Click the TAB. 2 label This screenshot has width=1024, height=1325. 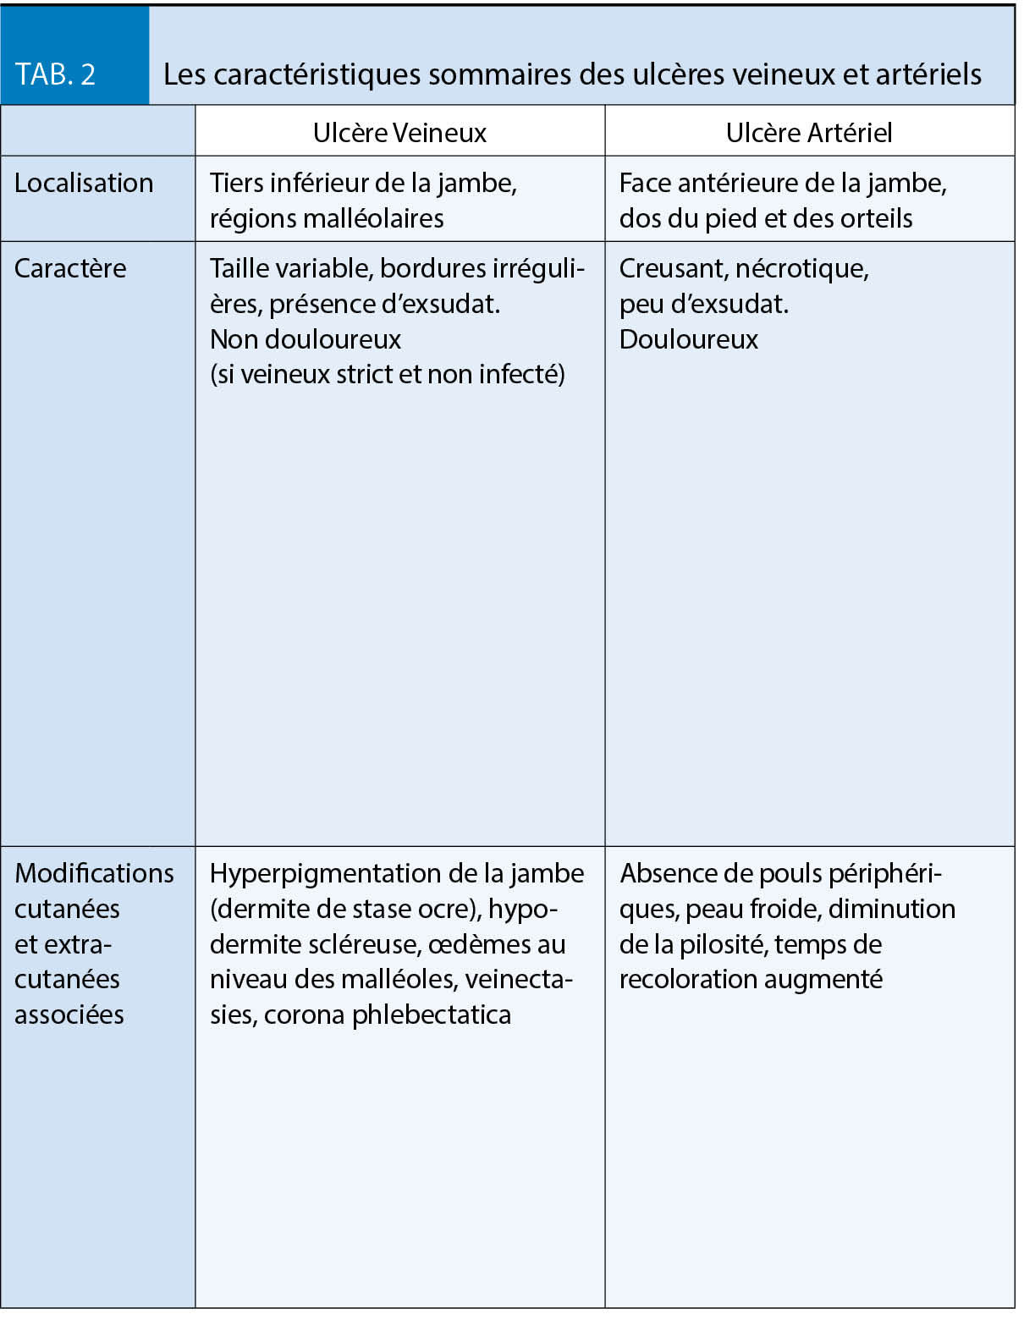(x=55, y=74)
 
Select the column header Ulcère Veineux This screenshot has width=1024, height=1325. (x=399, y=133)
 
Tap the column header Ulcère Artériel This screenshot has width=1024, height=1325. (x=809, y=133)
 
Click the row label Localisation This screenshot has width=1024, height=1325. (x=84, y=183)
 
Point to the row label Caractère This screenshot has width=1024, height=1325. (x=70, y=268)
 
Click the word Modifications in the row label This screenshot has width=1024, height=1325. (x=94, y=873)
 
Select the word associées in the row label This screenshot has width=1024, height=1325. (x=69, y=1014)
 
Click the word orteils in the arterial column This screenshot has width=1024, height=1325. (x=876, y=218)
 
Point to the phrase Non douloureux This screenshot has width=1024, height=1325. (x=306, y=339)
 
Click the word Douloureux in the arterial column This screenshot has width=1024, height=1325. (x=689, y=339)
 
